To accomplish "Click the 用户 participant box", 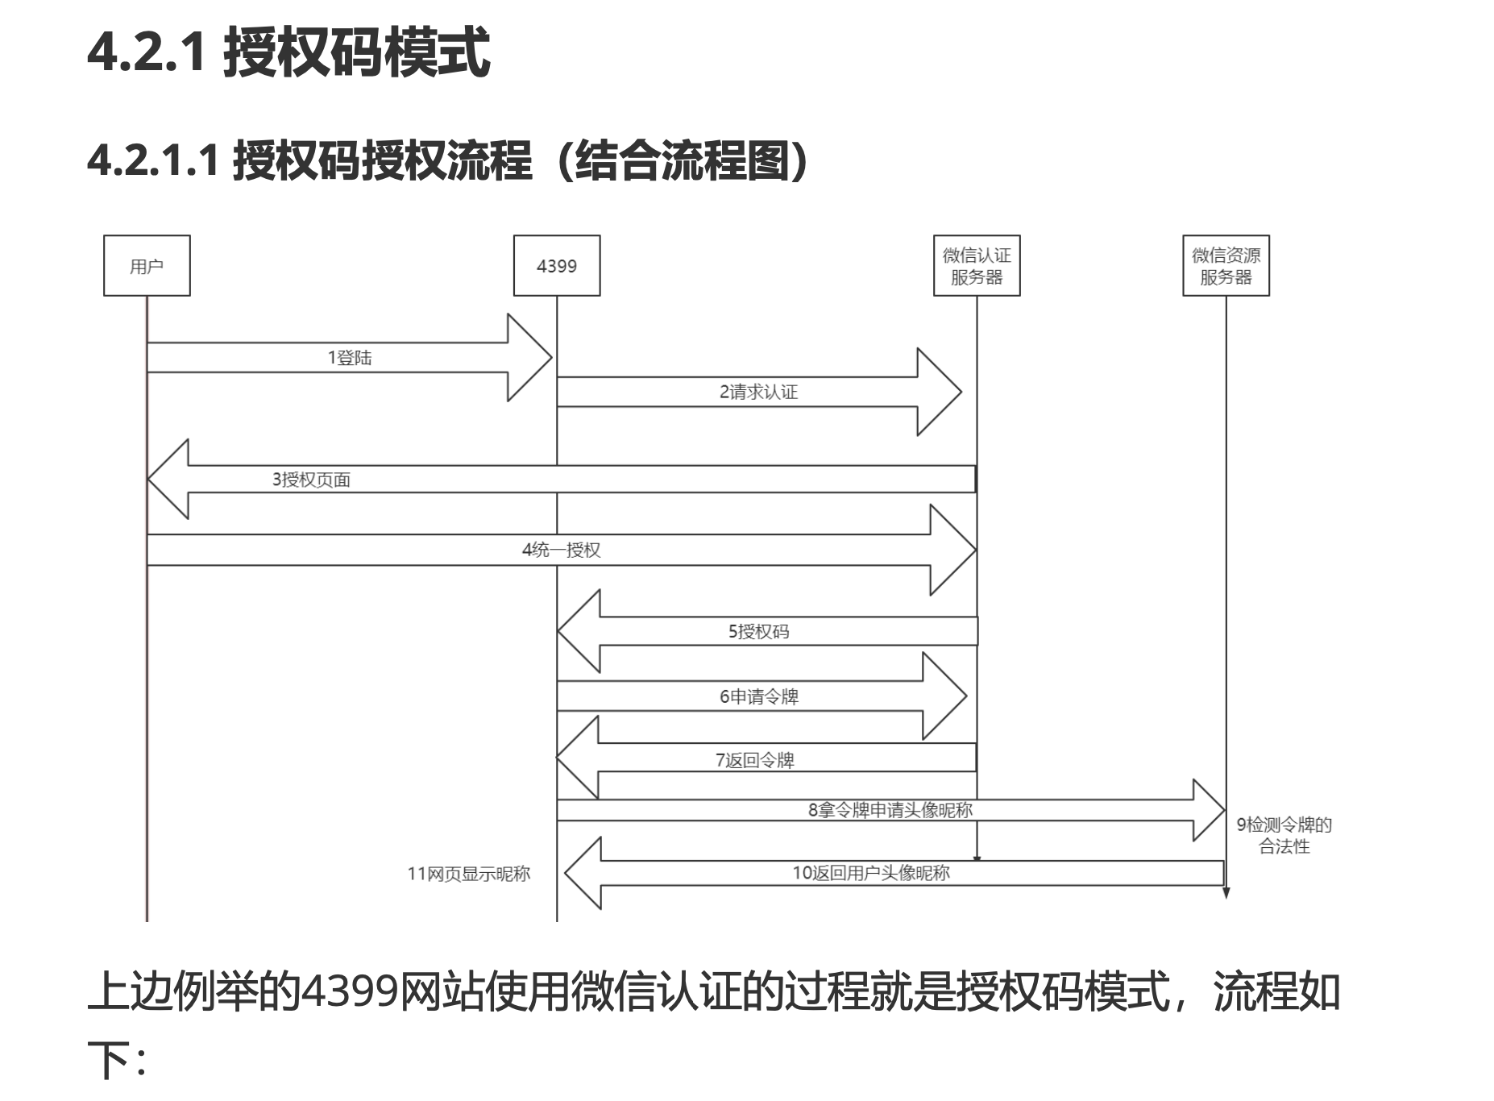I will (x=147, y=266).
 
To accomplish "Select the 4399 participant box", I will (x=557, y=266).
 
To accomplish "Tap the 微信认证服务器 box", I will (x=977, y=266).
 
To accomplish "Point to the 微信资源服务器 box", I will (x=1226, y=266).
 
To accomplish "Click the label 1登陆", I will (x=350, y=358).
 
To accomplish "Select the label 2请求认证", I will (x=758, y=393).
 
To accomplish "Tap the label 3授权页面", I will (x=311, y=480).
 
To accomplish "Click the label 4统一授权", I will (x=561, y=550).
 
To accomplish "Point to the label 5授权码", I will (x=758, y=632).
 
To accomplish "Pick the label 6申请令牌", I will (x=758, y=697).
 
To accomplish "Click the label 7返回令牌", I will (x=754, y=760).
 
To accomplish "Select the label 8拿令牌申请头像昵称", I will (x=890, y=810).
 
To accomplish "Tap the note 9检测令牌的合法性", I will (x=1284, y=835).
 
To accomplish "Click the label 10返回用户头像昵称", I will (x=871, y=873).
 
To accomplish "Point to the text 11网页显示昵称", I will (x=468, y=874).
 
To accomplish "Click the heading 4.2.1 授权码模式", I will (x=288, y=52).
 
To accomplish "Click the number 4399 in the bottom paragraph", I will (x=350, y=991).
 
